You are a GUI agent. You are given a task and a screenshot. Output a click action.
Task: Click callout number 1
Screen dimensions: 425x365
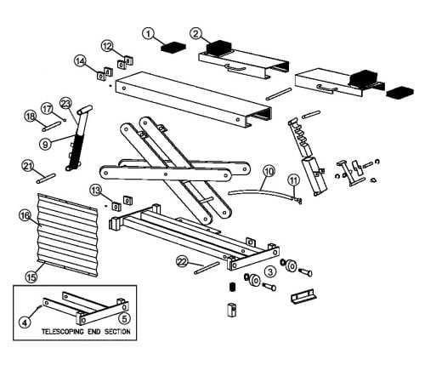click(x=148, y=33)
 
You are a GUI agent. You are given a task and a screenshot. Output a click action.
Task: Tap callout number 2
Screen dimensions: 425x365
click(x=195, y=33)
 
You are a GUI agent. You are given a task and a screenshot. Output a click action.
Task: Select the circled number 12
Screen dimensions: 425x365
click(x=107, y=46)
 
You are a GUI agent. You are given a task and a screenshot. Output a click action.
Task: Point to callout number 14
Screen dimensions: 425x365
click(x=81, y=61)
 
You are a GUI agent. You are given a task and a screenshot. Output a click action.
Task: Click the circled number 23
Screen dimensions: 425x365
click(x=65, y=104)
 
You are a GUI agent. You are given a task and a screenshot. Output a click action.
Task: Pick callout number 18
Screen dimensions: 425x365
click(x=31, y=116)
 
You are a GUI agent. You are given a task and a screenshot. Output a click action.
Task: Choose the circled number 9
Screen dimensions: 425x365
click(x=45, y=144)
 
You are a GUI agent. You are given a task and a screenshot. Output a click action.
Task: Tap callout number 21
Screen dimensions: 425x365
click(x=28, y=167)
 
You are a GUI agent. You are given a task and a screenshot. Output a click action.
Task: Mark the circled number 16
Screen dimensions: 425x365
click(x=25, y=216)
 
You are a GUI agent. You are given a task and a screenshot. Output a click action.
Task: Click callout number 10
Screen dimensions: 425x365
click(x=269, y=171)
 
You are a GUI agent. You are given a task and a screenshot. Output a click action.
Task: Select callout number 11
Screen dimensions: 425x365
click(x=294, y=180)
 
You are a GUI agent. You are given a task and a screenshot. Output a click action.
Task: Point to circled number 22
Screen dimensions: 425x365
click(x=182, y=262)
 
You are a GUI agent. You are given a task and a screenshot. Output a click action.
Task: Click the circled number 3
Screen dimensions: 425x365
click(x=270, y=271)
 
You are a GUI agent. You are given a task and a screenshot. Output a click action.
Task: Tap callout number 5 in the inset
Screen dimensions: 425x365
click(x=124, y=318)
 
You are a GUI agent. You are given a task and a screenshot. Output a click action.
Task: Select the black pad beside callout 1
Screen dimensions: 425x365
click(x=173, y=47)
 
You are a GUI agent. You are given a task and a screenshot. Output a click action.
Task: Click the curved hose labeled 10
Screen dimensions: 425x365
click(x=261, y=191)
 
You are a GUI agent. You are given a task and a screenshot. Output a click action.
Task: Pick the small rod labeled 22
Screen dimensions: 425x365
click(x=207, y=267)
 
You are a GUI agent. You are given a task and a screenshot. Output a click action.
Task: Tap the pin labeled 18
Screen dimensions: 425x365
click(x=51, y=126)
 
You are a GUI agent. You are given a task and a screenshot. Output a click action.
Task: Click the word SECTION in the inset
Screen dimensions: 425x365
click(x=117, y=332)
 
